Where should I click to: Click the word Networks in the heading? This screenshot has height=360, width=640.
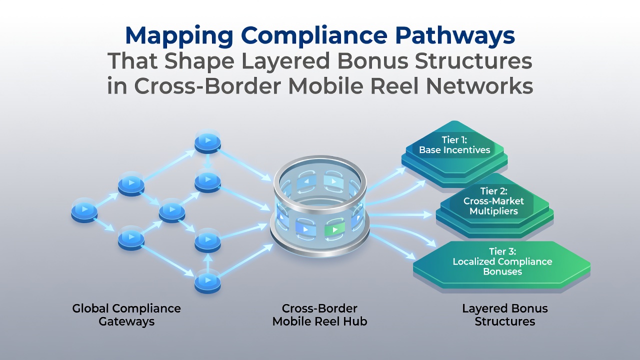[x=479, y=86]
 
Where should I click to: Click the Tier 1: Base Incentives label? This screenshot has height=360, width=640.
[x=454, y=145]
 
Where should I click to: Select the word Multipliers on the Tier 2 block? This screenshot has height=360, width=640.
[x=493, y=211]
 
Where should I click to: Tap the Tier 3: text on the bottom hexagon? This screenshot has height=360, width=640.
[x=502, y=251]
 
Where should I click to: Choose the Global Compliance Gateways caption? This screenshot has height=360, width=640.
[x=126, y=315]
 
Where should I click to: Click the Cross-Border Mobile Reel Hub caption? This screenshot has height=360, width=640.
[x=319, y=315]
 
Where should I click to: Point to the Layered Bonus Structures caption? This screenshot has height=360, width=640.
[x=505, y=315]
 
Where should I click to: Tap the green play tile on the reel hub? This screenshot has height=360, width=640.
[x=334, y=229]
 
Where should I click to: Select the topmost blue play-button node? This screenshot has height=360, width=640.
[x=207, y=141]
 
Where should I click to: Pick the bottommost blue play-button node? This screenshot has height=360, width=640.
[x=207, y=281]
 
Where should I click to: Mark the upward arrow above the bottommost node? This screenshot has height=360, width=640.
[x=207, y=261]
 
